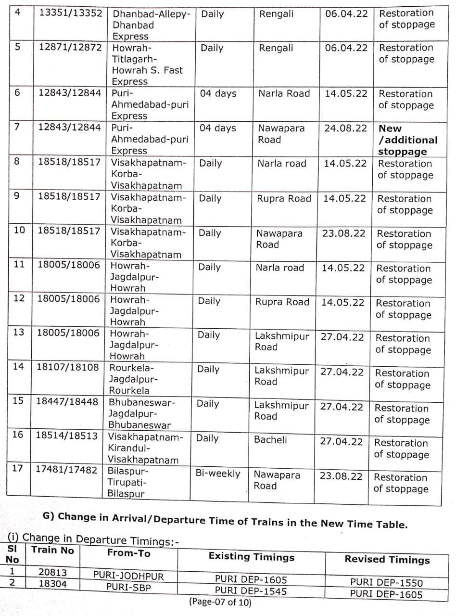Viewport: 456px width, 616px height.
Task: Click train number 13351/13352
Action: point(70,13)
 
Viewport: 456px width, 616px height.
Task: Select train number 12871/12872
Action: point(70,48)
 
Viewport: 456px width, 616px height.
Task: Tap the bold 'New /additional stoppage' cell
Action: point(407,140)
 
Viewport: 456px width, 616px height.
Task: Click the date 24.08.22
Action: point(345,128)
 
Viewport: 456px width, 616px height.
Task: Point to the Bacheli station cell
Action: point(270,439)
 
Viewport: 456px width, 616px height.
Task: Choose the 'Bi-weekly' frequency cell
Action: point(217,474)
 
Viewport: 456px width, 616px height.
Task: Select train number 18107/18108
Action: point(68,367)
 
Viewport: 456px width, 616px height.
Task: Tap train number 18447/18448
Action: point(67,401)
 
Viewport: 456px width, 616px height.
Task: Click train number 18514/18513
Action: point(67,436)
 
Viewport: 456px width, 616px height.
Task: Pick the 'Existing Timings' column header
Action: point(251,557)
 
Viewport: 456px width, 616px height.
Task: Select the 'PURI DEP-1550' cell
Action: point(386,582)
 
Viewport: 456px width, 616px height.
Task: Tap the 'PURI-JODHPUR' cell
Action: point(128,576)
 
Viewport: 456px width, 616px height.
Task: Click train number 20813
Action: point(52,573)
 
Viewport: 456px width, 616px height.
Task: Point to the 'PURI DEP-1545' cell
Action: point(251,590)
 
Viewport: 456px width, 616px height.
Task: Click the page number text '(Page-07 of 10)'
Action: point(220,602)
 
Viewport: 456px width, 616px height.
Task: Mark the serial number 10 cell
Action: point(20,230)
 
